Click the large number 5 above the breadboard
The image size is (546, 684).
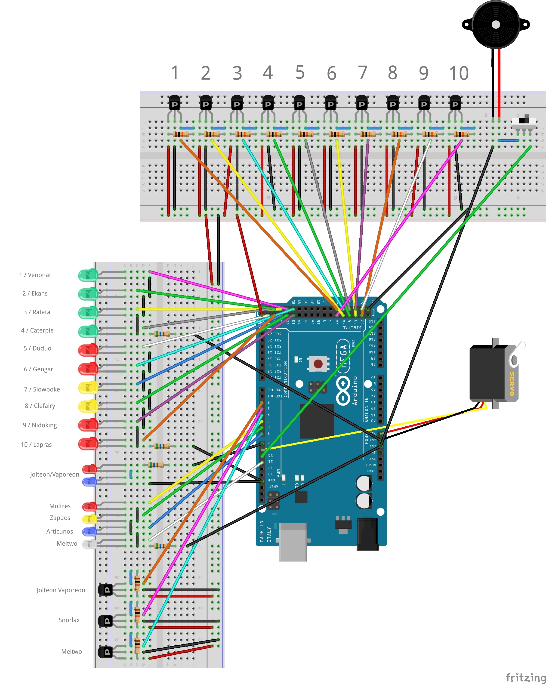click(300, 72)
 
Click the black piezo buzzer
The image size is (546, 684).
click(496, 25)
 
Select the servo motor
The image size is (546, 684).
click(493, 374)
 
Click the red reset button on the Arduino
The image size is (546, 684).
click(318, 364)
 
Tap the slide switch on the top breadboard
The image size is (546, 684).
click(524, 121)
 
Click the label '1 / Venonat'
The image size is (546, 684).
click(35, 275)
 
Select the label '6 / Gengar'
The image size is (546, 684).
click(38, 369)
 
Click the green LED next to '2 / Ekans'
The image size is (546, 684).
click(88, 294)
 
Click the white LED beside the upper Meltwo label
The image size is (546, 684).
click(89, 544)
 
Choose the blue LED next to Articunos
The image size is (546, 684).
click(89, 531)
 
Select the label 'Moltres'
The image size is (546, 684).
click(60, 506)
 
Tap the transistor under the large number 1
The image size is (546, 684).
click(174, 103)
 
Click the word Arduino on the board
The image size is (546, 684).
click(355, 391)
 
